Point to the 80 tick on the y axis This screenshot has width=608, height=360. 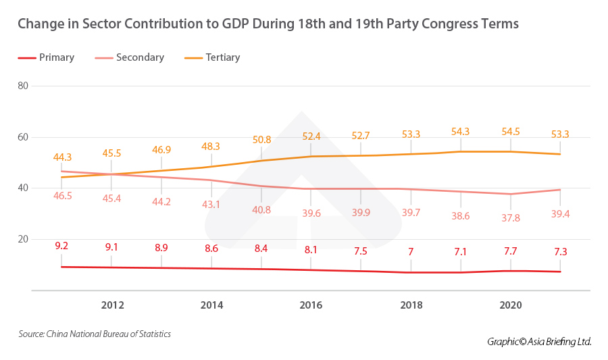click(23, 86)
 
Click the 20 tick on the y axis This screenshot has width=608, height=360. click(23, 239)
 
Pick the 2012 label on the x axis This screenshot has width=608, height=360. click(112, 305)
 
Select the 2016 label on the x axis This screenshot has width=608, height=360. click(311, 305)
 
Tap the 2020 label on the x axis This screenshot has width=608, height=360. click(510, 305)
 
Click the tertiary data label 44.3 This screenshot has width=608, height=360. click(62, 157)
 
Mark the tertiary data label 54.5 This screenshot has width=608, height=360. click(510, 131)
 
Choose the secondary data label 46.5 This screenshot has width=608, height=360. click(62, 196)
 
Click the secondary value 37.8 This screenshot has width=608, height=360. click(510, 218)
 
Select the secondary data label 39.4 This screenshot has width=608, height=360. click(560, 214)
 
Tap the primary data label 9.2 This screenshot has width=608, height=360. click(62, 246)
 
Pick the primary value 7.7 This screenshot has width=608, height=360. click(510, 251)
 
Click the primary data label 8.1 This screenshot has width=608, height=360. click(311, 249)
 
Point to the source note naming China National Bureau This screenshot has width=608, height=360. click(95, 334)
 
